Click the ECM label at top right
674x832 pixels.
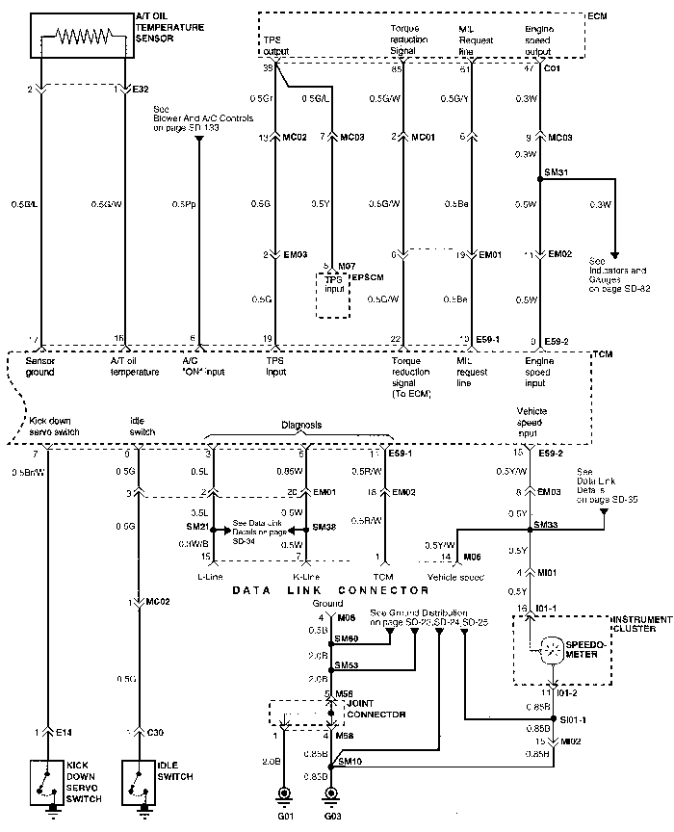tap(597, 16)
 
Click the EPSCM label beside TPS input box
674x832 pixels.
tap(368, 278)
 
